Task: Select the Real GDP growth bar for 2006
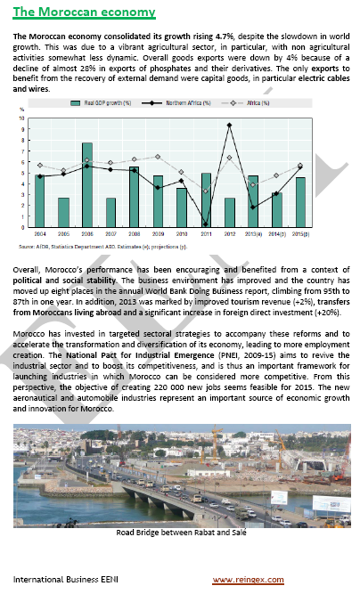[x=87, y=183]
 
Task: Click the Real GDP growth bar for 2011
[x=206, y=198]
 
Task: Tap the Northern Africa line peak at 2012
[x=230, y=125]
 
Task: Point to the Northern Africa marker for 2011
[x=206, y=223]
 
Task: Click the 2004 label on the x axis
[x=39, y=232]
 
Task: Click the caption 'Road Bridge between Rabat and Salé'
[x=179, y=533]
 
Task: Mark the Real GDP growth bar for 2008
[x=135, y=194]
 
